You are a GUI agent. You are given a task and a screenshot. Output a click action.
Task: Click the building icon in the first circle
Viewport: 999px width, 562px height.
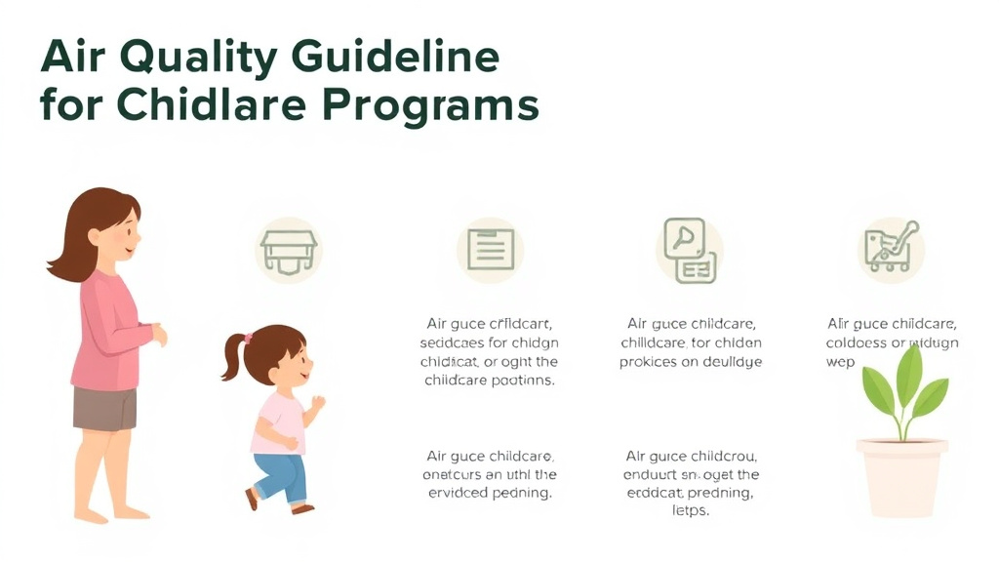(288, 250)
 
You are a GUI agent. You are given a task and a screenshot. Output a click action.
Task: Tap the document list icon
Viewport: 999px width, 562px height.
(490, 250)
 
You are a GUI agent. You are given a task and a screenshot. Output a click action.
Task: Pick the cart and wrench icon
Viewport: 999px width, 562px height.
(890, 247)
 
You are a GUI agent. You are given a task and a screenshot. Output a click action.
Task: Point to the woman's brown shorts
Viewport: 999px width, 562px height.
(104, 408)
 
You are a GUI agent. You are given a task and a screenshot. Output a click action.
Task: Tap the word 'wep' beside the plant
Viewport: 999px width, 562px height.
(840, 362)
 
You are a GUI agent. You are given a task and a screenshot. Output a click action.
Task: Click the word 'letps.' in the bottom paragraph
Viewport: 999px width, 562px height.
(691, 511)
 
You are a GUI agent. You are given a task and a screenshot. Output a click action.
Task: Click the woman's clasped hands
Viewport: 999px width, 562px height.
(158, 335)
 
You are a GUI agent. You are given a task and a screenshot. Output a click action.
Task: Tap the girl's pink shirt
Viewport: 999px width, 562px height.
(281, 420)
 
